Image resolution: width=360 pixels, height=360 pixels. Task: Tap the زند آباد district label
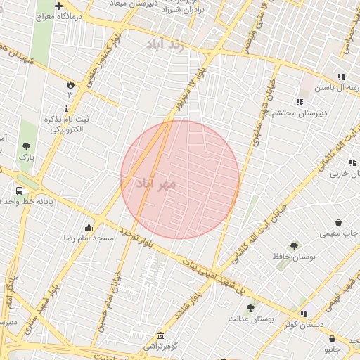coord(164,44)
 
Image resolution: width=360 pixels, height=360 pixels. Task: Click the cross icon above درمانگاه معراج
coord(68,6)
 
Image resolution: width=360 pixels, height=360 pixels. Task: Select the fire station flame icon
coord(70,84)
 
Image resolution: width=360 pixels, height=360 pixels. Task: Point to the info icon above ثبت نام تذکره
coord(67,108)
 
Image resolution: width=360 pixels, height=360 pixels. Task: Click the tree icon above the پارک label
coord(27,146)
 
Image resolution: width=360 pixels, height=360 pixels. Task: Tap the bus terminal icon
coord(19,190)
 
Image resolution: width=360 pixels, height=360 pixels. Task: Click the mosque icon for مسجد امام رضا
coord(89,227)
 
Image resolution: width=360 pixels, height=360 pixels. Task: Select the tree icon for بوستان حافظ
coord(294,246)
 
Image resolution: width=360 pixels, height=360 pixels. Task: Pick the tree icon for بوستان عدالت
coord(250,307)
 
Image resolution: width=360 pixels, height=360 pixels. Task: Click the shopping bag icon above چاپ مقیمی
coord(339,221)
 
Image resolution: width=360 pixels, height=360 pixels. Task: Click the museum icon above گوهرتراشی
coord(161,335)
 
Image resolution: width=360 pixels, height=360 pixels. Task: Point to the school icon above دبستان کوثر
coord(303,313)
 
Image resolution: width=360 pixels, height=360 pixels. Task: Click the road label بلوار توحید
coord(136,237)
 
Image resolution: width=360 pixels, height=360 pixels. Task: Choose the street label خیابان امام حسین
coord(117,274)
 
